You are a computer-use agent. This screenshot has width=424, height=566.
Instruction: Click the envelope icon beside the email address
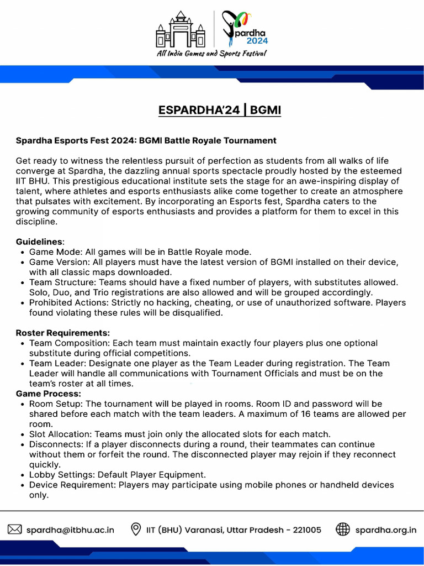pos(14,530)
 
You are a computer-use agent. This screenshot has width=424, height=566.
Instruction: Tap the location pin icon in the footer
pos(135,530)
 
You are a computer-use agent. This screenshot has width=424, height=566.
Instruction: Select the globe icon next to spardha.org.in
pos(343,530)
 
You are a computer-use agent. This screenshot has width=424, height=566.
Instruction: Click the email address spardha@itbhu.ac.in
pos(70,530)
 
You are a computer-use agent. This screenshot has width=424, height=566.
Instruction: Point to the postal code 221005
pos(304,530)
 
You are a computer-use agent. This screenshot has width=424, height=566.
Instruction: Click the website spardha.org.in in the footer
pos(386,530)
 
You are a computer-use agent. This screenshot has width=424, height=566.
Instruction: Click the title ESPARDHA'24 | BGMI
pos(220,110)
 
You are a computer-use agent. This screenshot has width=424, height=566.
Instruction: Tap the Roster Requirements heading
pos(62,333)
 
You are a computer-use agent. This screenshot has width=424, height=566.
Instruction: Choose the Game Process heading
pos(49,394)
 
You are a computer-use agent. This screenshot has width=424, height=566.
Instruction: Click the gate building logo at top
pos(181,30)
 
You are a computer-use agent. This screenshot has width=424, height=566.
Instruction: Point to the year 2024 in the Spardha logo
pos(254,40)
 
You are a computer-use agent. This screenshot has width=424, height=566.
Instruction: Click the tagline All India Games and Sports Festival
pos(211,54)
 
